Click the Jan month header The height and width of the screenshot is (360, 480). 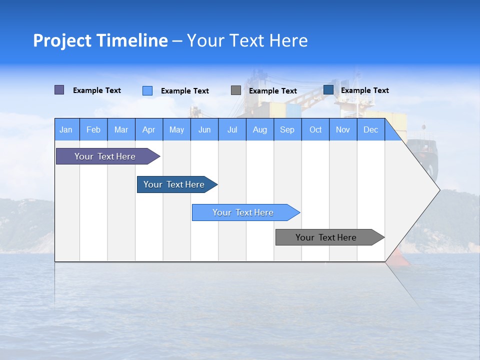[x=66, y=129]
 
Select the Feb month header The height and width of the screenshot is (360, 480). [x=93, y=129]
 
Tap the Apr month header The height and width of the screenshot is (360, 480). [x=148, y=129]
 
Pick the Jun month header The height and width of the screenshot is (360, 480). [x=204, y=129]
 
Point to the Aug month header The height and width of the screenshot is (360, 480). [x=259, y=129]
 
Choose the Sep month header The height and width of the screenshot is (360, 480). [x=287, y=129]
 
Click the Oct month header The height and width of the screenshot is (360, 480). [x=315, y=129]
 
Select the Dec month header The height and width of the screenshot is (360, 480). [x=370, y=129]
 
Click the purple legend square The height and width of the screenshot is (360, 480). [x=59, y=90]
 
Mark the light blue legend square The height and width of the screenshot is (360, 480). [x=147, y=90]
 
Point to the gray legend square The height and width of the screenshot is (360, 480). [x=236, y=90]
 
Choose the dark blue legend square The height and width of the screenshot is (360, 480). [x=328, y=90]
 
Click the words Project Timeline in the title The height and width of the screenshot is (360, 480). [x=100, y=40]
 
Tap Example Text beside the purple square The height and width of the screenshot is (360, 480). [x=97, y=90]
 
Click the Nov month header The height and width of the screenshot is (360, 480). [x=343, y=129]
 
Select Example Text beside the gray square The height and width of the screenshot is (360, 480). [x=273, y=91]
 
